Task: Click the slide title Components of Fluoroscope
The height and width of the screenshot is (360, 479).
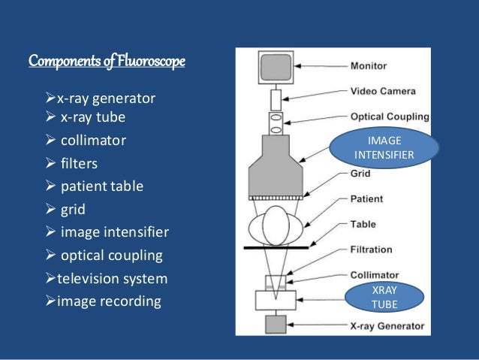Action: pos(107,60)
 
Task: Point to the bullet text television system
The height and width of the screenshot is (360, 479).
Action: pos(112,279)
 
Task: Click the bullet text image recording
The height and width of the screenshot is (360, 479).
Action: pos(109,301)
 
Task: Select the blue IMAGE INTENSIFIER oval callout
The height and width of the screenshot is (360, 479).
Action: pos(384,147)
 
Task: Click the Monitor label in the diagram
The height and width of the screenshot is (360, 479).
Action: pos(369,66)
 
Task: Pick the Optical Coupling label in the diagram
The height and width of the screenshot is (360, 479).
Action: pos(390,116)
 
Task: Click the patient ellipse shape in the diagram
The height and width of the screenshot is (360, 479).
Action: pos(276,225)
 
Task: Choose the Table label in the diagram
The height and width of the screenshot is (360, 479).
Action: pos(364,225)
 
